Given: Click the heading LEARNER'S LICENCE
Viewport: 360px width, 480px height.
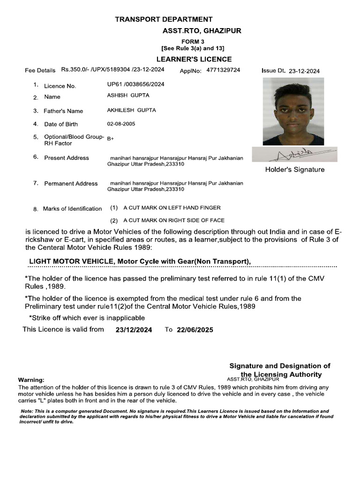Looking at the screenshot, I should point(194,59).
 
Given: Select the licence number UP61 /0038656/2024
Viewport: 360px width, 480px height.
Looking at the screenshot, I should point(135,84).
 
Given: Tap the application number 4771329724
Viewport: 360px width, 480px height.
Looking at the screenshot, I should point(223,70).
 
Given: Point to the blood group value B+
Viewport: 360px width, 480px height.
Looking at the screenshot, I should point(111,139).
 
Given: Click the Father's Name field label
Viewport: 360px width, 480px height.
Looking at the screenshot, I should point(63,111).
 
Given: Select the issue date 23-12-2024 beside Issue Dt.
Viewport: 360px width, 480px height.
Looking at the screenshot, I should point(304,71).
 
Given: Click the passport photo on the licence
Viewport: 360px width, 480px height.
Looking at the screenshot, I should point(293,112).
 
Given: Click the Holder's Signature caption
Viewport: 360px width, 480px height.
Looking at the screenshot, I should point(294,170).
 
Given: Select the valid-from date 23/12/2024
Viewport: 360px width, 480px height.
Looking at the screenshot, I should point(134,330).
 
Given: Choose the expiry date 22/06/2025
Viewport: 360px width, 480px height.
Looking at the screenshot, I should point(195,330).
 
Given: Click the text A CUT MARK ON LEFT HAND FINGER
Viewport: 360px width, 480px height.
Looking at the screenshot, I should point(172,208).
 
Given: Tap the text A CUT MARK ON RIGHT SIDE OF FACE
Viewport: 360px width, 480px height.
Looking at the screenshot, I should point(173,220).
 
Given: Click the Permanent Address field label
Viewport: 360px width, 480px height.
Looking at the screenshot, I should point(71,184).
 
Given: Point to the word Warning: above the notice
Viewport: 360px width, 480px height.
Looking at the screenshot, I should point(31,380).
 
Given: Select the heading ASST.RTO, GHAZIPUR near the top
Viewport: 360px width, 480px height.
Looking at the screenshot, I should point(202,31).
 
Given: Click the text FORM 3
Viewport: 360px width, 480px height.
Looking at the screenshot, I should point(193,42).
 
